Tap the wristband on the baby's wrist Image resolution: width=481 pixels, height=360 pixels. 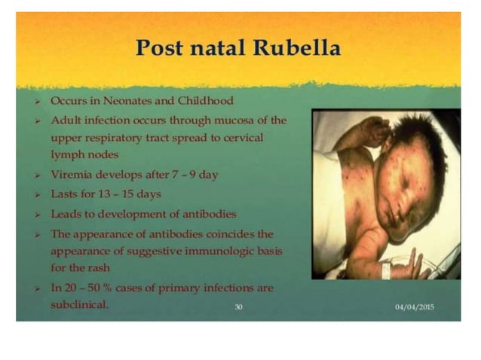(x=392, y=265)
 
